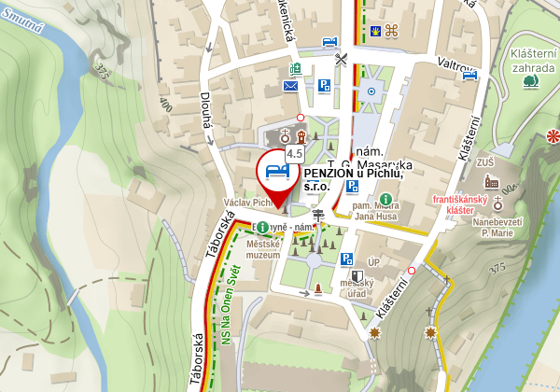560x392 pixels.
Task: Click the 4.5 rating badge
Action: pos(295,152)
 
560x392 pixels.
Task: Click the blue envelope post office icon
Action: pos(292,87)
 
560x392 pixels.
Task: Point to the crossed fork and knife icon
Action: pos(343,59)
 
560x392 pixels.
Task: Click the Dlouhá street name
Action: pos(205,113)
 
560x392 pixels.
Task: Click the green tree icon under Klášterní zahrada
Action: pos(531,81)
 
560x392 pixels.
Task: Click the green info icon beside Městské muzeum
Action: pos(263,228)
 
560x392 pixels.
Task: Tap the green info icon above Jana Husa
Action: pos(385,198)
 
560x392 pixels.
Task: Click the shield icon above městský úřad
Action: pos(357,275)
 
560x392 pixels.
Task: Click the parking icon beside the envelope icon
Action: pos(324,86)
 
